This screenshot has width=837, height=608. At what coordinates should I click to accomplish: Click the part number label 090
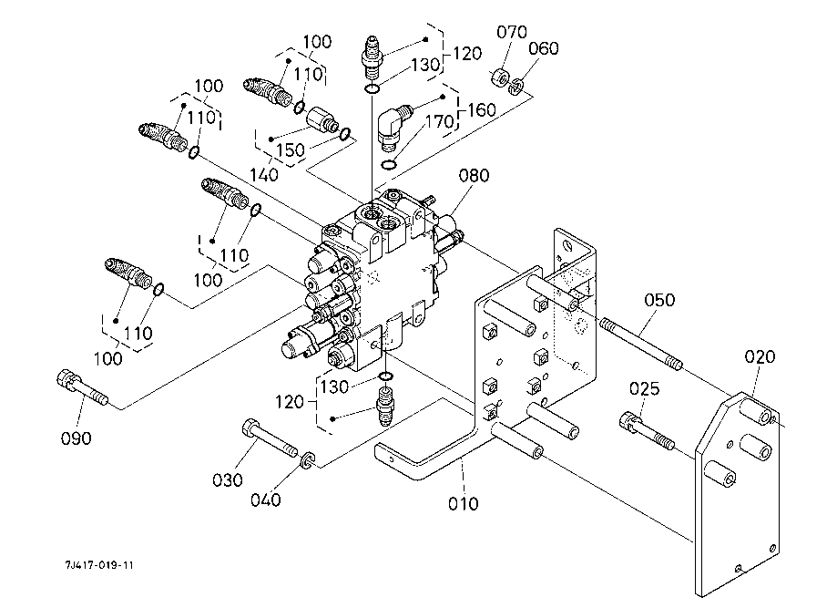point(77,438)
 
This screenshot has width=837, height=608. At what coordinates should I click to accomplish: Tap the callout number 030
point(229,479)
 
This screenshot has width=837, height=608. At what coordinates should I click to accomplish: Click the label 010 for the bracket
point(464,502)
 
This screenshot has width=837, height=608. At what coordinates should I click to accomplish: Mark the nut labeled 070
point(499,77)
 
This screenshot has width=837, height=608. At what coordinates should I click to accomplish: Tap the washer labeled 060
point(516,88)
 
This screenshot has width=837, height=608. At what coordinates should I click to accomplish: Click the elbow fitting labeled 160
point(393,122)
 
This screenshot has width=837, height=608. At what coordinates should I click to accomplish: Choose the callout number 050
point(660,299)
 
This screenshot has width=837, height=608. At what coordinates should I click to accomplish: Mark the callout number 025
point(644,390)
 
